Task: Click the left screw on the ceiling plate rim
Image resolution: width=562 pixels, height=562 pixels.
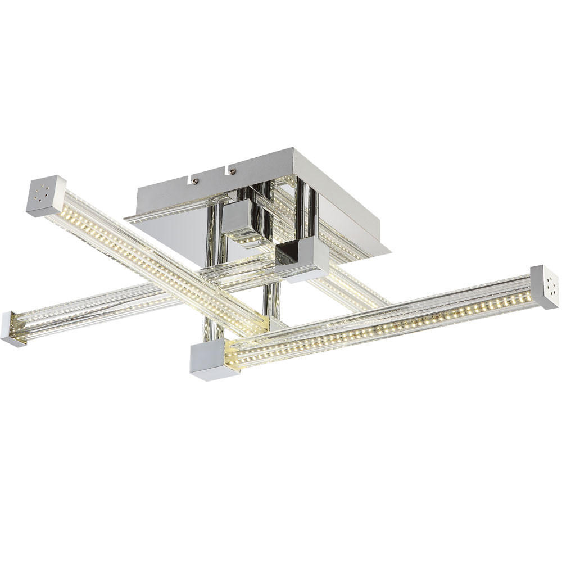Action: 195,182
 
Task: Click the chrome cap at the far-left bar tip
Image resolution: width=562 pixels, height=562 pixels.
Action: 10,329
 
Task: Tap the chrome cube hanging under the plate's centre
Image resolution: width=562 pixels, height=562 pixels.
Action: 242,222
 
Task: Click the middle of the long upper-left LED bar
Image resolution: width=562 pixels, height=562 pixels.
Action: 152,256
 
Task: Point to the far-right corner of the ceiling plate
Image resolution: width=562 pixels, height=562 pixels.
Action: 389,250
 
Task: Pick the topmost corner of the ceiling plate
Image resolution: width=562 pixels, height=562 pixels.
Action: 292,149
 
